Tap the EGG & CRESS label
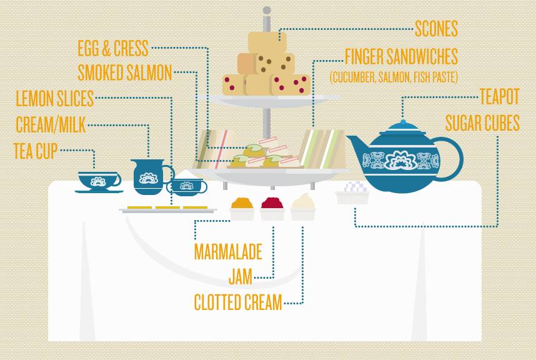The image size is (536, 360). click(113, 48)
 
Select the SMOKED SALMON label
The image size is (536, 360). click(124, 72)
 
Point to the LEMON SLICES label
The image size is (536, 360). click(54, 98)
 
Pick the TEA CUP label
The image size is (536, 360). click(35, 151)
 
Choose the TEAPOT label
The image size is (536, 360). click(500, 97)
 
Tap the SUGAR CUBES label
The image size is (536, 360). click(482, 123)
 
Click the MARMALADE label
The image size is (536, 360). click(227, 252)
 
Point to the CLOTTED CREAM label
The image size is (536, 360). click(238, 302)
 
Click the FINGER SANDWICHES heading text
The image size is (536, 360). click(401, 56)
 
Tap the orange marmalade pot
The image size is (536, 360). click(242, 208)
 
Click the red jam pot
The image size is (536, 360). click(272, 208)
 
